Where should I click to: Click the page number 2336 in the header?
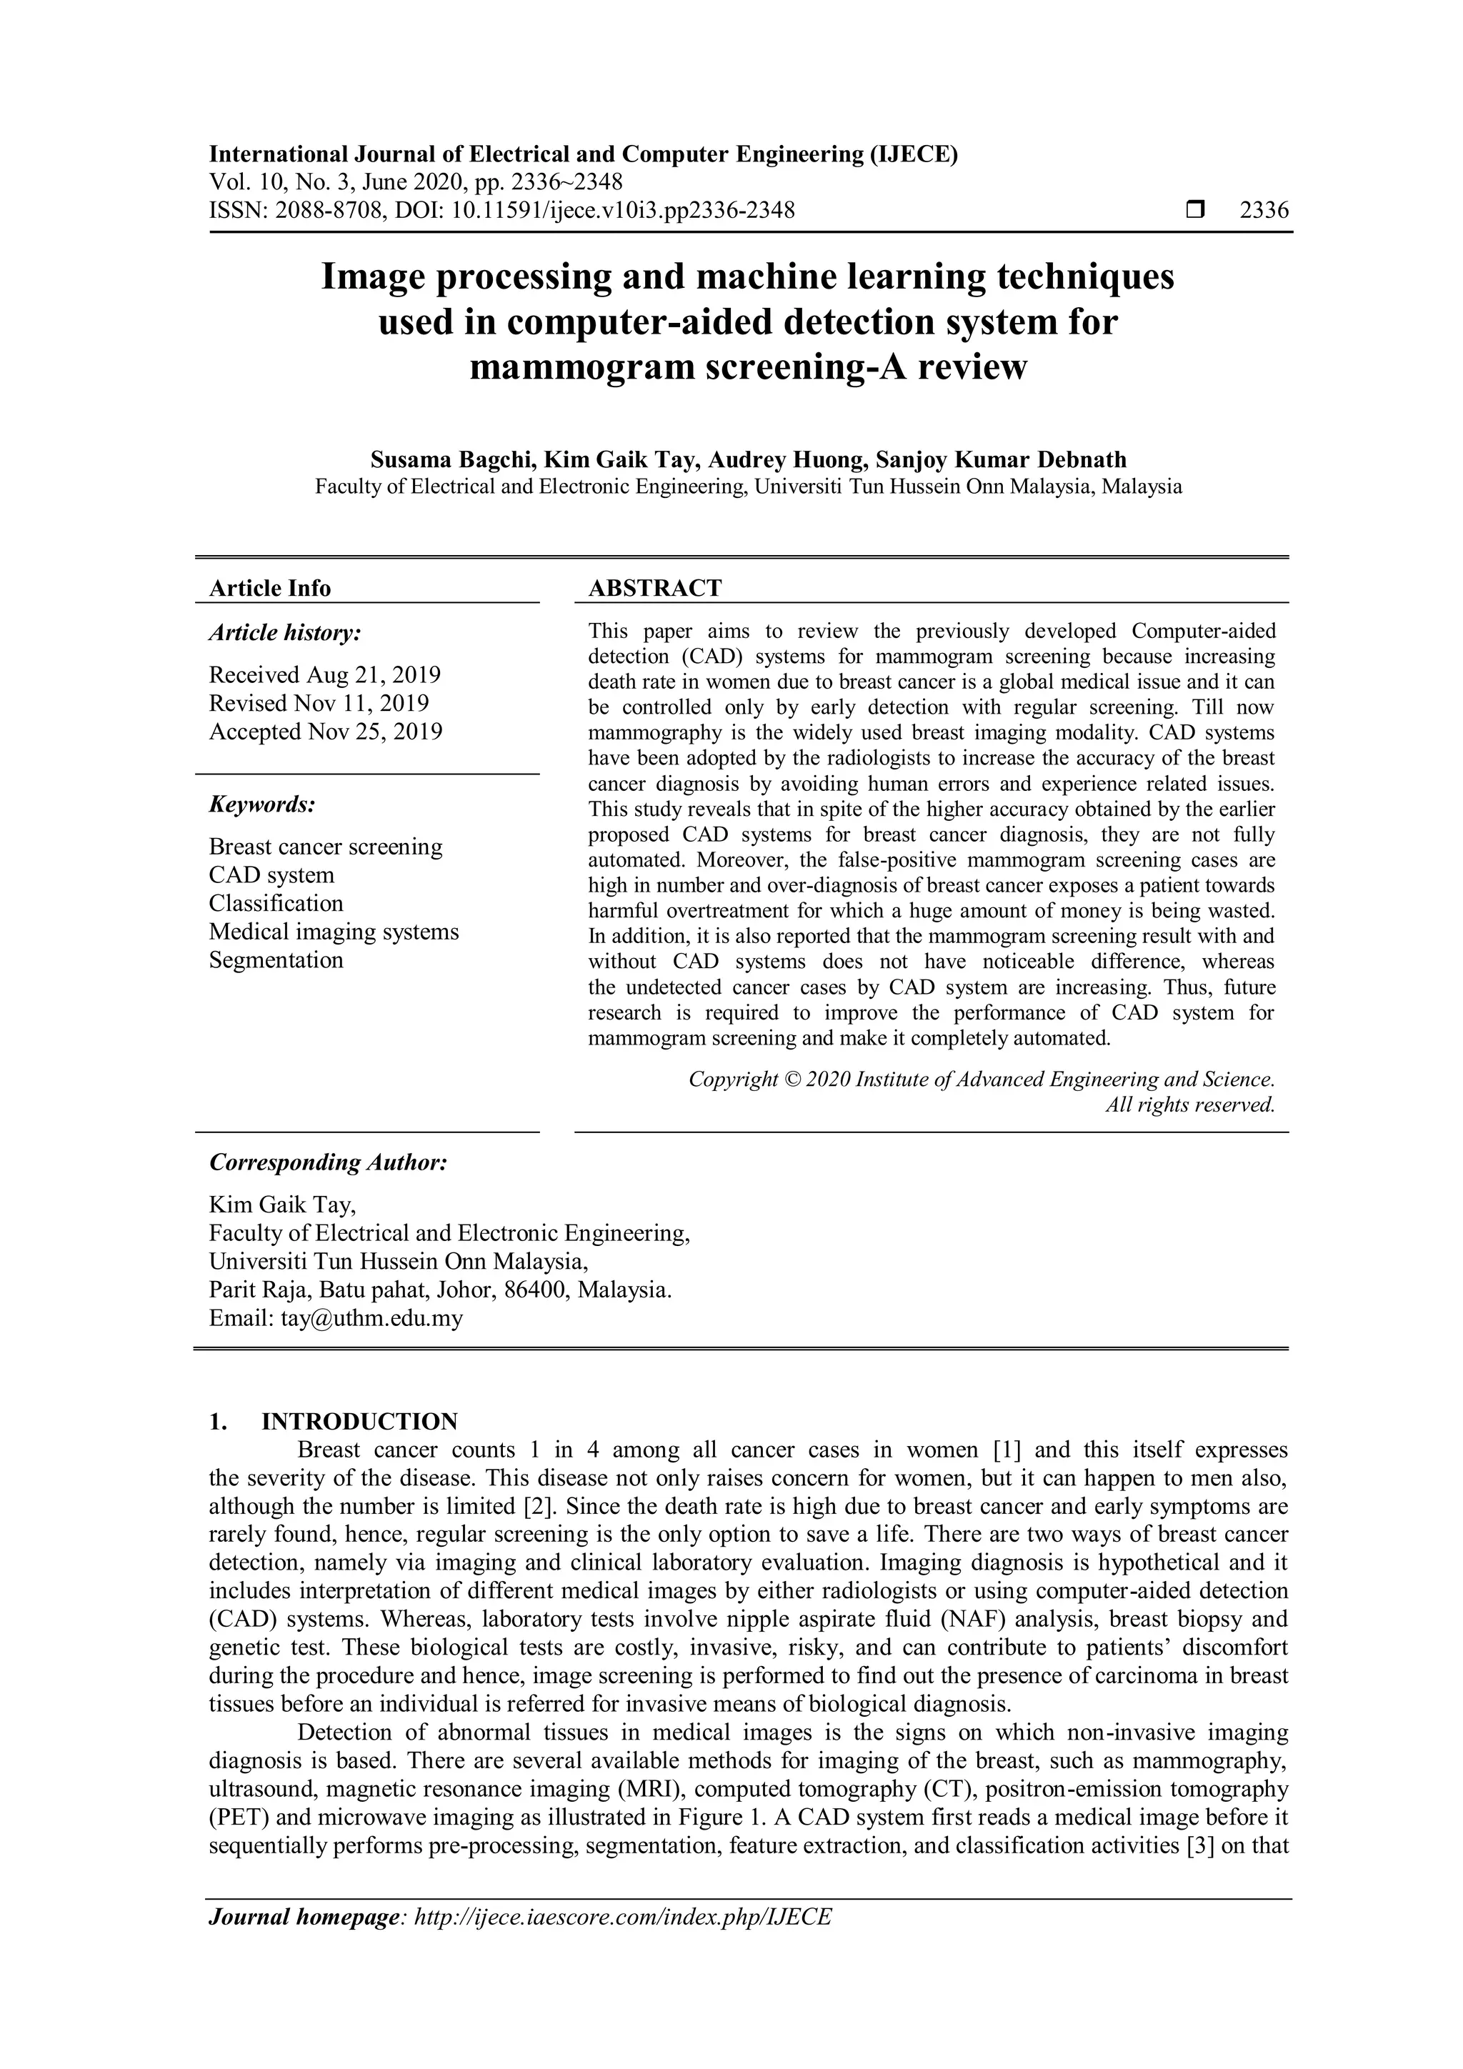[x=1264, y=211]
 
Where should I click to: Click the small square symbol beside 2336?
[x=1194, y=211]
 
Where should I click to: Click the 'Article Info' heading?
[x=269, y=589]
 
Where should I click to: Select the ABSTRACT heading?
[x=655, y=589]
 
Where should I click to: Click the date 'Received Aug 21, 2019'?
[x=324, y=675]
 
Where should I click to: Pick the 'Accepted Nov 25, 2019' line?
[x=325, y=732]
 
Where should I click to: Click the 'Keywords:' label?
[x=262, y=804]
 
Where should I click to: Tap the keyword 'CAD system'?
[x=271, y=875]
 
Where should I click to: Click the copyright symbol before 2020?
[x=791, y=1080]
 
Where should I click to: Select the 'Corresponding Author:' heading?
[x=328, y=1162]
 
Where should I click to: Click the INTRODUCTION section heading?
[x=359, y=1422]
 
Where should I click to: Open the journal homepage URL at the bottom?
[x=621, y=1917]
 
